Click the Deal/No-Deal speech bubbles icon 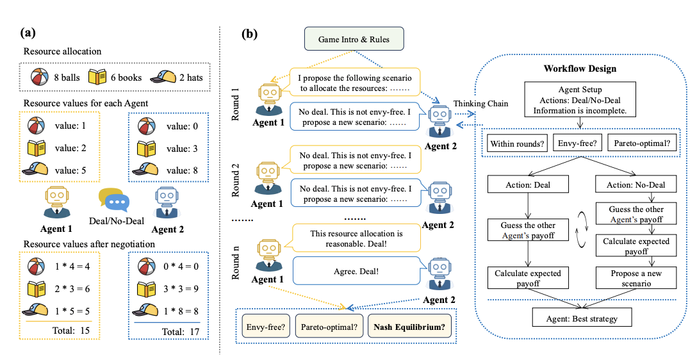pos(114,199)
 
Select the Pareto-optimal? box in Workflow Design pos(641,144)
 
